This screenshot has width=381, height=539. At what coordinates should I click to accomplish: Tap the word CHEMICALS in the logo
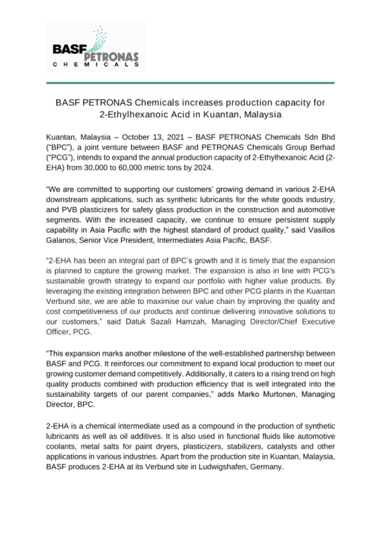click(96, 65)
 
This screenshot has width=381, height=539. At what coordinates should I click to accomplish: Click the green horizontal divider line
click(190, 83)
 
